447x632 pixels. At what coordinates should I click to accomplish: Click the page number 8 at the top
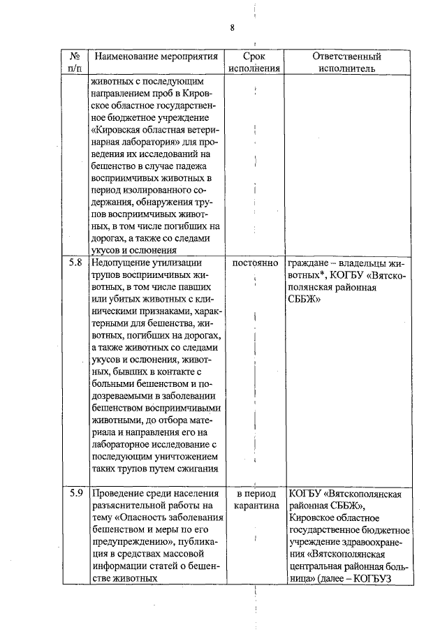click(x=233, y=27)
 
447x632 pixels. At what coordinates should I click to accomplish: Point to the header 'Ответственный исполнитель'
click(x=346, y=62)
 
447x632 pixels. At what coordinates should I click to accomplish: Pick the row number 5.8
click(x=76, y=263)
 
